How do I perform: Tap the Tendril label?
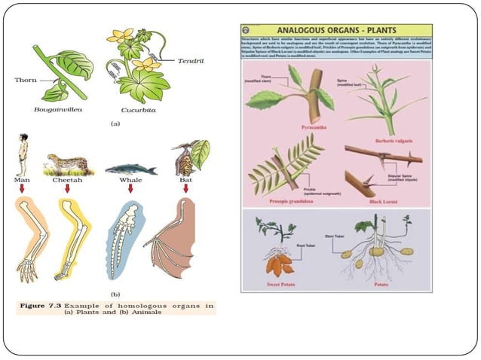tap(192, 59)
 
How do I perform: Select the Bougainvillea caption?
tap(59, 109)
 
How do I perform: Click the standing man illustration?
tap(22, 154)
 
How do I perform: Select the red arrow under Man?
tap(22, 188)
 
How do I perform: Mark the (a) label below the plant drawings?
tap(115, 122)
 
